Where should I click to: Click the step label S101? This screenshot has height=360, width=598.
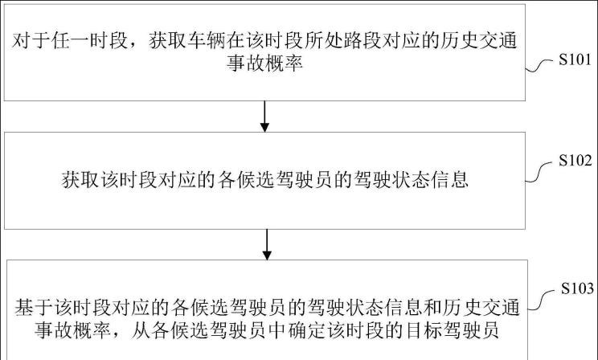(x=575, y=59)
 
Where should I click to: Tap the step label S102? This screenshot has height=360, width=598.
(x=575, y=161)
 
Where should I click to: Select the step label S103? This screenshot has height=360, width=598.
(x=577, y=288)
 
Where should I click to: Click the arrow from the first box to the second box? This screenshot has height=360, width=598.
(x=264, y=117)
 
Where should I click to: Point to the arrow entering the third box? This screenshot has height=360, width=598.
(x=267, y=244)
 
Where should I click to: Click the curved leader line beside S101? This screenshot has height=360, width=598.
(x=539, y=65)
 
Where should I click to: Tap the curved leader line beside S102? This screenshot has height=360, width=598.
(x=539, y=172)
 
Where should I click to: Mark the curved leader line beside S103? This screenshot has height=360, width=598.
(x=542, y=300)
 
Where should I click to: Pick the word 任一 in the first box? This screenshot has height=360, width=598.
(x=70, y=41)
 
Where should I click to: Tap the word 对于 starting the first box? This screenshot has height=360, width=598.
(x=31, y=41)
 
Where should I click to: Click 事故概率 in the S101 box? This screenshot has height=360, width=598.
(x=264, y=63)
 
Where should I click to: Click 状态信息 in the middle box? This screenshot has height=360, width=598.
(x=430, y=180)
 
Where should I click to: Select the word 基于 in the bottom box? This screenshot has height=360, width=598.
(x=34, y=308)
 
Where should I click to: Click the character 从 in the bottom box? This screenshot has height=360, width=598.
(x=141, y=330)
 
